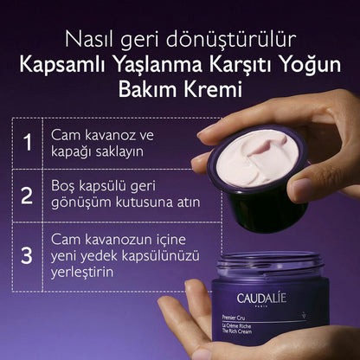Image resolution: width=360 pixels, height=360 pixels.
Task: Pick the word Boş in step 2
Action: click(x=67, y=190)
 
